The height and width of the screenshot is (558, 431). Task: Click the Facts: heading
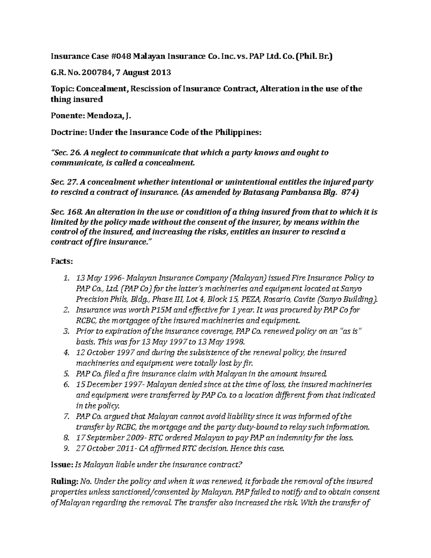click(61, 261)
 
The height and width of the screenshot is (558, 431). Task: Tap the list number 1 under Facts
click(65, 278)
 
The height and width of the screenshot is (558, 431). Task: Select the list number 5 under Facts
click(65, 373)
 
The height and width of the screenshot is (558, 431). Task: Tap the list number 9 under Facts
click(65, 448)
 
